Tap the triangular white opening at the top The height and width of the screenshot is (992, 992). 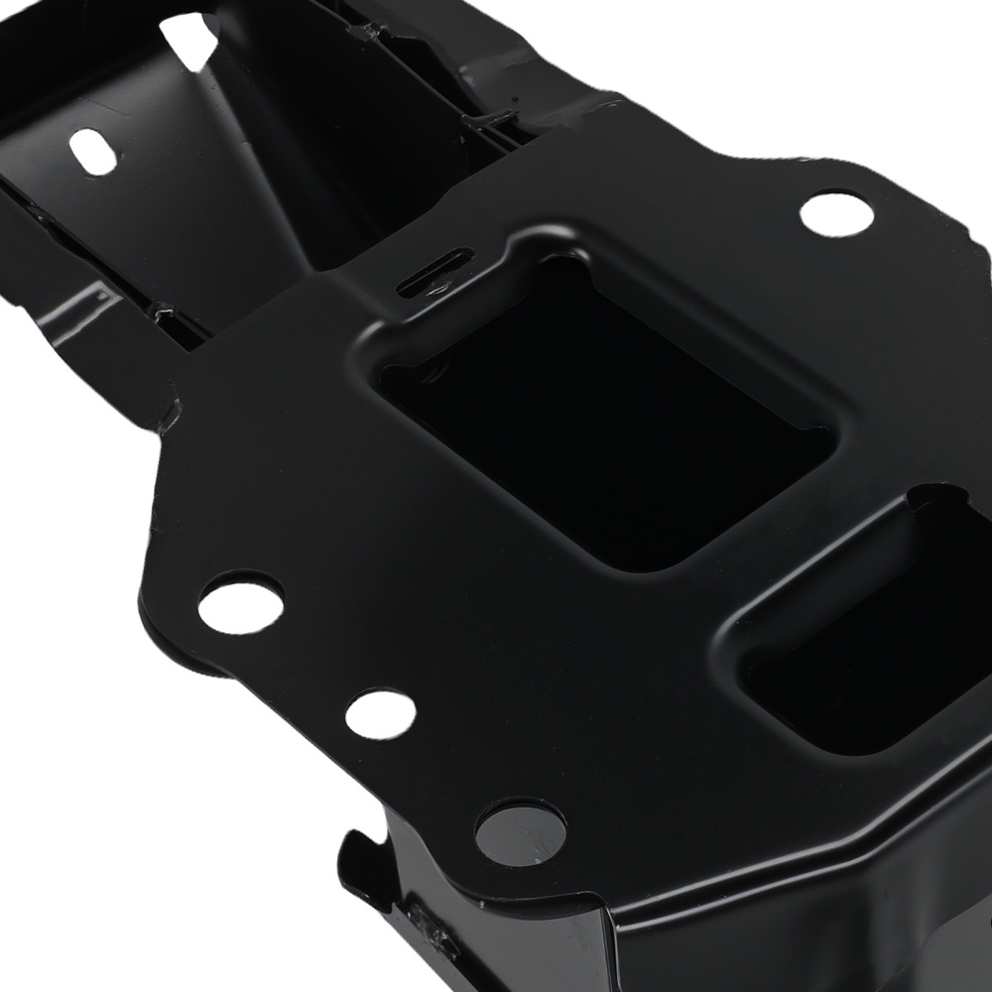click(x=189, y=39)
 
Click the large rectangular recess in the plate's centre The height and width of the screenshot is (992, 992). click(x=605, y=417)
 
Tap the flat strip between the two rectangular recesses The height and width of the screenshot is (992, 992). click(x=784, y=556)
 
